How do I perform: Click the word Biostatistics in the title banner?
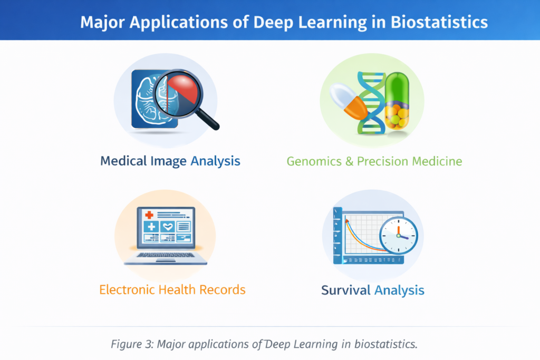coord(439,22)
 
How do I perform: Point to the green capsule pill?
coord(397,101)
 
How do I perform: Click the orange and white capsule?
coord(349,102)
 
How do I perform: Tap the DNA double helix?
coord(371,103)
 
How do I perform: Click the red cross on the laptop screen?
coord(149,215)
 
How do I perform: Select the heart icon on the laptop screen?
coord(168,227)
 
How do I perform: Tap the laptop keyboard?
coord(166,255)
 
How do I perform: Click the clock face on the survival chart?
coord(399,236)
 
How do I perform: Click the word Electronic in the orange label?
coord(127,290)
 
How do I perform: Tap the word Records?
coord(222,290)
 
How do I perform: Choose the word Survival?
coord(346,290)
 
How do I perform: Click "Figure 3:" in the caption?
coord(132,344)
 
